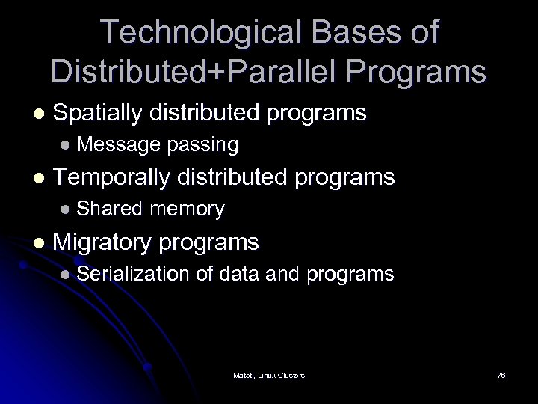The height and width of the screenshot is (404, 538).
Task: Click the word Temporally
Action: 112,177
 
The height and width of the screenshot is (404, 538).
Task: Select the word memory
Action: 187,209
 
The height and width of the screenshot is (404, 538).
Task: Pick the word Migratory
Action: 103,242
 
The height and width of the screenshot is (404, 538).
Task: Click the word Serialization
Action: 133,274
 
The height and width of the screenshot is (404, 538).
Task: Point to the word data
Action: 240,274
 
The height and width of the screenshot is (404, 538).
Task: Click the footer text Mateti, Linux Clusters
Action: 268,375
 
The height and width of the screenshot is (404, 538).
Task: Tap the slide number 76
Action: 501,375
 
